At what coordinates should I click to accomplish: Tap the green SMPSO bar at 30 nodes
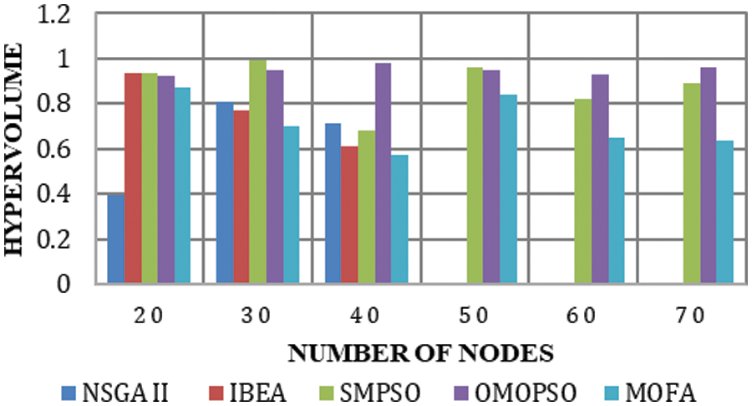point(257,172)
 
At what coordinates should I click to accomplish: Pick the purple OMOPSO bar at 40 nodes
point(383,174)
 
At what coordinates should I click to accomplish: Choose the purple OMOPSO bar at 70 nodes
point(708,176)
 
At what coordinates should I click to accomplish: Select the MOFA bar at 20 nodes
point(182,186)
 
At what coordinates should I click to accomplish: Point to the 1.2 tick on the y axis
point(68,14)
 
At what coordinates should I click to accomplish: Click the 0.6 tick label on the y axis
point(68,150)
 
